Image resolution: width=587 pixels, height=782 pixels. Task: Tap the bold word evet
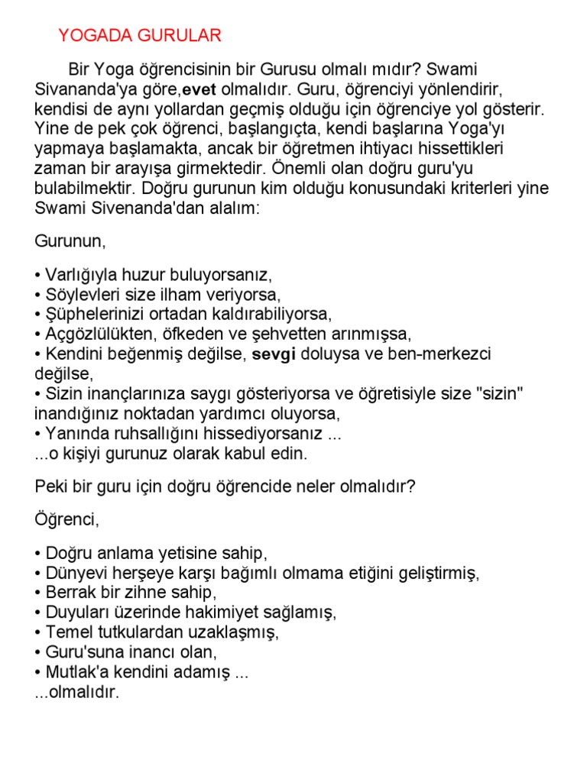[x=201, y=89]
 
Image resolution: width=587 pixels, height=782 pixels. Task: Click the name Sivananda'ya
[x=82, y=89]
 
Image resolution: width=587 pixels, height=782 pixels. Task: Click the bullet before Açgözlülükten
[x=38, y=334]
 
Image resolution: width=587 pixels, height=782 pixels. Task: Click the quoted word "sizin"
[x=501, y=394]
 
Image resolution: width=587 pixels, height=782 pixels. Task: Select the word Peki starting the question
[x=50, y=486]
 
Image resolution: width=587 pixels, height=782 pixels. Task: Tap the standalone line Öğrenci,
[x=67, y=521]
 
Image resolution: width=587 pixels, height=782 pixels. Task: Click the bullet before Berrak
[x=38, y=593]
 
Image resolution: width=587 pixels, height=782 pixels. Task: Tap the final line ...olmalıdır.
[x=77, y=693]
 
